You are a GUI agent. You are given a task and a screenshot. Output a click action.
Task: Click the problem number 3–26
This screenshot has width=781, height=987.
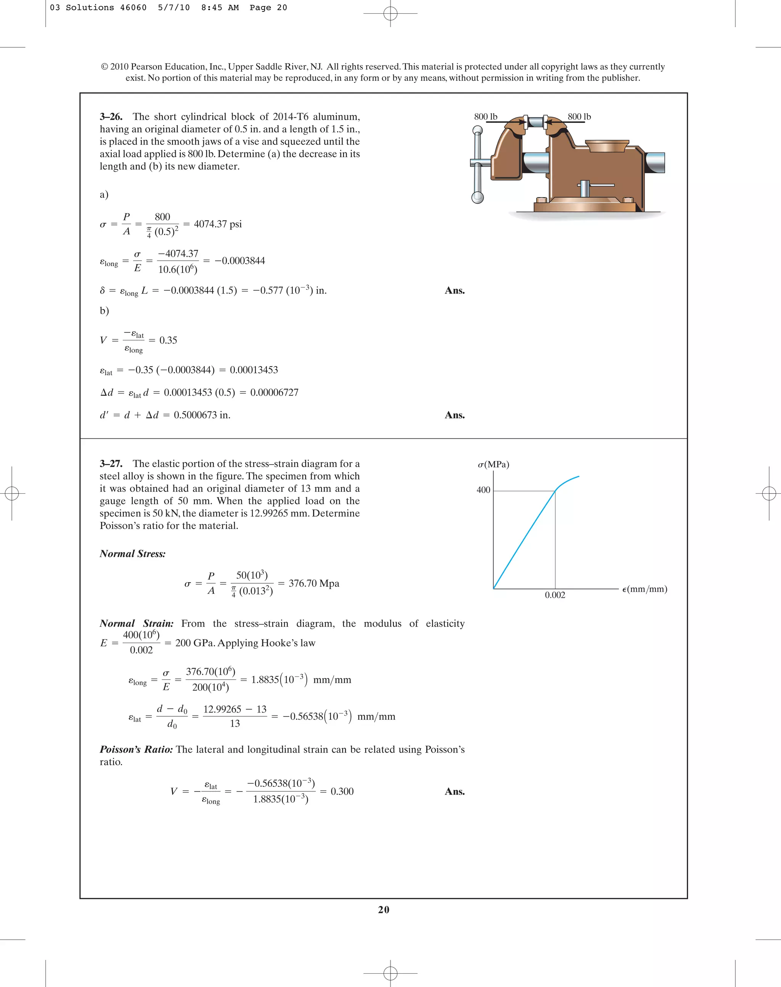pos(111,117)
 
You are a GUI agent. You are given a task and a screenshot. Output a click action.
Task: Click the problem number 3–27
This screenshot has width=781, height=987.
pos(111,464)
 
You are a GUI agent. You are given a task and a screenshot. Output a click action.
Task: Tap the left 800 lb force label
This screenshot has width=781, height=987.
pos(485,117)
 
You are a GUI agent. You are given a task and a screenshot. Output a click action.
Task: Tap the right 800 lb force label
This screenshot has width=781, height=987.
pos(579,117)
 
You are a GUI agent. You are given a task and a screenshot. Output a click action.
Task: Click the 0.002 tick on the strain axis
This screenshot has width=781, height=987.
pos(554,595)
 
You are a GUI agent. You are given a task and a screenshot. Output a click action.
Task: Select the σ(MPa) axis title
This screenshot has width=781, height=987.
pos(493,464)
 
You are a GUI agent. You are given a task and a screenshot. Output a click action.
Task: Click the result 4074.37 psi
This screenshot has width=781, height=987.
pos(218,224)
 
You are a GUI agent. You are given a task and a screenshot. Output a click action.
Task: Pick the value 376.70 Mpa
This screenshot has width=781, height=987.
pos(314,583)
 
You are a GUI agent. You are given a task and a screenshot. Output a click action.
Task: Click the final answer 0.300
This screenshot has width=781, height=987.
pos(342,791)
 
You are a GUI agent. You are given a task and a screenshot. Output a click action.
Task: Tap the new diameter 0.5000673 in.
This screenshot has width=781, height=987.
pos(202,415)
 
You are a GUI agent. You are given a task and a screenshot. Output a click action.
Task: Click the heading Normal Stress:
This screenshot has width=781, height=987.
pos(133,554)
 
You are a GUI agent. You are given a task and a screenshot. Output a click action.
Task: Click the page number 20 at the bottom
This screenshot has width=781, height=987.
pos(384,910)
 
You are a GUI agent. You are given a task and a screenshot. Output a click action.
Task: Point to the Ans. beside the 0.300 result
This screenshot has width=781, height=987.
pos(455,791)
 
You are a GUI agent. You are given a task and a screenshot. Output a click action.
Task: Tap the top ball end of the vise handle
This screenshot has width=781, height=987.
pos(477,131)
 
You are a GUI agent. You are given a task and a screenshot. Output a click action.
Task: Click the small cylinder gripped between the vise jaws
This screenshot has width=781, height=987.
pos(535,122)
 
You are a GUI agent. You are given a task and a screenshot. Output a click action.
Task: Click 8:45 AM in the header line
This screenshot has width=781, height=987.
pos(220,8)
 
